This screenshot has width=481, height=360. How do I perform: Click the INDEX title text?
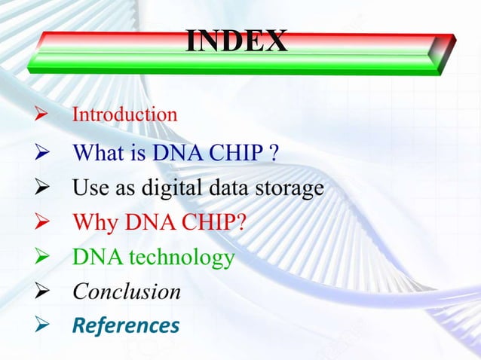pos(236,41)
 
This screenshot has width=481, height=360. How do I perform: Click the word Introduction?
pos(124,115)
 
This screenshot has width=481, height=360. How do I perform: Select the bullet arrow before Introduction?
pos(41,116)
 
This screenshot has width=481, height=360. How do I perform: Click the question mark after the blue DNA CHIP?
pos(275,154)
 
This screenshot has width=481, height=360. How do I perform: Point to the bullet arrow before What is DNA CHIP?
pos(41,154)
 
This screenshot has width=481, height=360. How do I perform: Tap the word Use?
pos(87,188)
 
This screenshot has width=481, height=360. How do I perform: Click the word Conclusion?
pos(126,291)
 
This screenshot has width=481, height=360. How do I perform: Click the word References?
pos(126,325)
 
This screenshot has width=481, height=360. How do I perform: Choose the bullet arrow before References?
pos(41,326)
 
